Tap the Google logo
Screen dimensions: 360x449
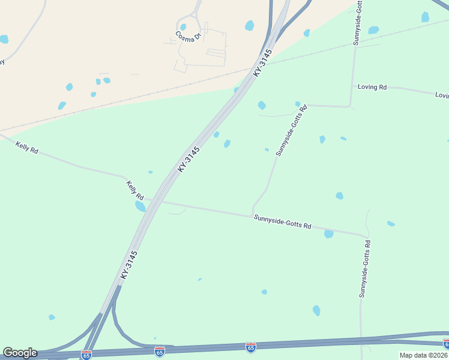(19, 353)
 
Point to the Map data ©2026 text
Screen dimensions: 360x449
(424, 355)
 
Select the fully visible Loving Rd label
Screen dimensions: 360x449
(372, 87)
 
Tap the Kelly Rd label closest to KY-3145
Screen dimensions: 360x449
(135, 190)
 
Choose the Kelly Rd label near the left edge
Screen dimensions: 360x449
(26, 148)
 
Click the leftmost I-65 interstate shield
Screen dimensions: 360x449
(86, 355)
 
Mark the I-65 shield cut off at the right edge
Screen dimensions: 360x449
(446, 343)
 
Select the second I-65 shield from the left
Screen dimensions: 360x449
(159, 352)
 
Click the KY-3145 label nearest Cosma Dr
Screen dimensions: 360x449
(263, 62)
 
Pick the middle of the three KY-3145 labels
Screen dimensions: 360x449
(188, 160)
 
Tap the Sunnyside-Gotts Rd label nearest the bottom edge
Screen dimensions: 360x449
(364, 269)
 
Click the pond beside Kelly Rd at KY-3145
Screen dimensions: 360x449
(140, 206)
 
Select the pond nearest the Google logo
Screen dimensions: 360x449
(52, 317)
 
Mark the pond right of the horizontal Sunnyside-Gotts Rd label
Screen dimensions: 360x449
(328, 234)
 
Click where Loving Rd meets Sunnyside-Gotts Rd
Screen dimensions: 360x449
(351, 106)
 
